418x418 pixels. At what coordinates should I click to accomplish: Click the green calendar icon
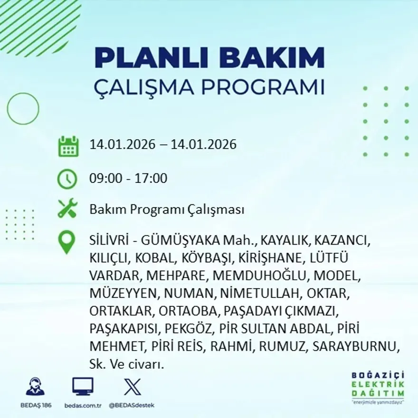click(x=68, y=146)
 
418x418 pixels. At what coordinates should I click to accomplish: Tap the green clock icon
click(x=67, y=179)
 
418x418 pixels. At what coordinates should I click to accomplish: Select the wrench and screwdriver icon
click(x=67, y=209)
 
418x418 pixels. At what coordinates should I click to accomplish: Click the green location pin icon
click(x=66, y=242)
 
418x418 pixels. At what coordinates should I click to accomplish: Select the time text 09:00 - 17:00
click(x=128, y=179)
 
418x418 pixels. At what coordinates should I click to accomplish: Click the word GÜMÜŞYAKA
click(x=170, y=240)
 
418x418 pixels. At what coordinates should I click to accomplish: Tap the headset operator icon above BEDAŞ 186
click(x=35, y=386)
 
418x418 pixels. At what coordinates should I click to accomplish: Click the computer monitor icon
click(x=83, y=386)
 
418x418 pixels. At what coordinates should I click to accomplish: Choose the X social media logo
click(x=132, y=386)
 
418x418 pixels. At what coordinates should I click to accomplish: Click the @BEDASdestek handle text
click(x=132, y=405)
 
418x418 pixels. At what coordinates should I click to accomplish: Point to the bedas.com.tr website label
click(x=83, y=405)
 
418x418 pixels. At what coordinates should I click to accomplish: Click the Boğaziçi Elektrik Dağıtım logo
click(x=378, y=386)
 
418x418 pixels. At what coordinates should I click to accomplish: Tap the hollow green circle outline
click(x=23, y=109)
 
